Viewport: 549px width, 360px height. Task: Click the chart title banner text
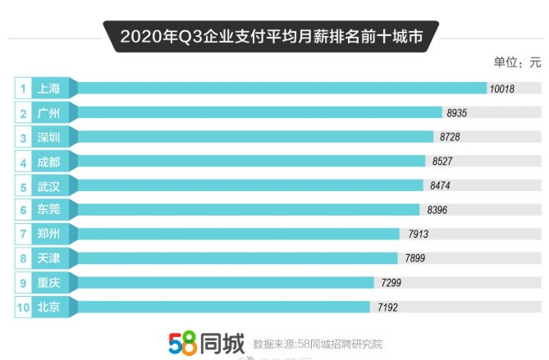click(272, 36)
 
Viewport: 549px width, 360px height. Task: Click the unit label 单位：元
click(518, 62)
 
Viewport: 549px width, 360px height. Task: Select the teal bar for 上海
click(282, 89)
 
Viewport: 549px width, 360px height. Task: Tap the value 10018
click(501, 89)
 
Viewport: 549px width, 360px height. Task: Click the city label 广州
click(48, 113)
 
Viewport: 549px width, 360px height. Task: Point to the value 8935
click(456, 113)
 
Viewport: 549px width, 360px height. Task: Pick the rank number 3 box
click(23, 138)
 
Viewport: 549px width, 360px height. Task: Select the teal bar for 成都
click(251, 161)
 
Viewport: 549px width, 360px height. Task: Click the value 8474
click(440, 185)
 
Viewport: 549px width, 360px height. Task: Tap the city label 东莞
click(48, 209)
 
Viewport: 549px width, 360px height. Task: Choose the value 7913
click(418, 234)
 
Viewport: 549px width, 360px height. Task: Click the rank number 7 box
click(23, 234)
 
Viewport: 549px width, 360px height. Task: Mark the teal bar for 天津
click(238, 258)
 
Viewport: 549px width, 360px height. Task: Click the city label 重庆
click(48, 282)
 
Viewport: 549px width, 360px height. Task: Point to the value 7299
click(391, 283)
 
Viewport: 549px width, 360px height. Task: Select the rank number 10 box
click(23, 308)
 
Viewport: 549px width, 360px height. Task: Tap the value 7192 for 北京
click(387, 308)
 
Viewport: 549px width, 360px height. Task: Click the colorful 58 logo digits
click(182, 343)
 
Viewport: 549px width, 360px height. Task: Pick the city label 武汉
click(48, 186)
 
